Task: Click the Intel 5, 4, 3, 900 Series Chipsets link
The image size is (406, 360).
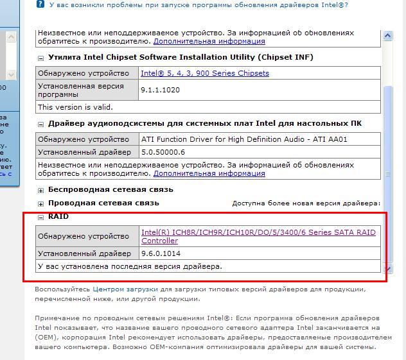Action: (x=204, y=73)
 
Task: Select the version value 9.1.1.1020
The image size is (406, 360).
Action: (x=160, y=90)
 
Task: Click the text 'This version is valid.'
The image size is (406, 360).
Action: (x=75, y=107)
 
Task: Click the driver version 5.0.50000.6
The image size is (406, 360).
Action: (x=163, y=152)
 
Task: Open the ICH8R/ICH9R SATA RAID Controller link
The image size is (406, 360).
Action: (x=258, y=236)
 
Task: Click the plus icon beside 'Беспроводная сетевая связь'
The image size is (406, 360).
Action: (x=41, y=190)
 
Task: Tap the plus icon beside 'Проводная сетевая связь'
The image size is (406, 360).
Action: (x=41, y=203)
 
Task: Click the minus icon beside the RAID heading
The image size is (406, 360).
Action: (x=41, y=217)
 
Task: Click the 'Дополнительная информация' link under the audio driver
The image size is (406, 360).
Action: (x=209, y=173)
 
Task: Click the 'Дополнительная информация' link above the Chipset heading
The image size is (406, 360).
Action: (x=208, y=41)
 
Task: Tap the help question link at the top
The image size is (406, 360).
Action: (x=211, y=4)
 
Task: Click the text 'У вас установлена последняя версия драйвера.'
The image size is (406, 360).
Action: (x=130, y=266)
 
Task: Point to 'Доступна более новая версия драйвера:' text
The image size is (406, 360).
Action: (x=306, y=203)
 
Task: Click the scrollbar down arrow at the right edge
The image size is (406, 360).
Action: (x=387, y=269)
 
